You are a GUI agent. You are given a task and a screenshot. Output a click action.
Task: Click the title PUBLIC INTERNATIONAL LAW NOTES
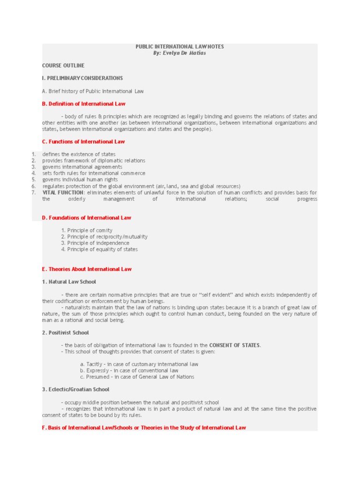(x=180, y=47)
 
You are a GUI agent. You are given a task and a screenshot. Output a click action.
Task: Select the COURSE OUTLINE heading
(x=63, y=65)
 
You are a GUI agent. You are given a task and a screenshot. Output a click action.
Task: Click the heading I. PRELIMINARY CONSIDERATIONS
(x=82, y=78)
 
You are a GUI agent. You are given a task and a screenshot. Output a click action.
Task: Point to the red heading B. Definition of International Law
(x=83, y=103)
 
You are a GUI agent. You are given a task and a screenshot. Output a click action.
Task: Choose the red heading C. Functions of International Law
(x=83, y=142)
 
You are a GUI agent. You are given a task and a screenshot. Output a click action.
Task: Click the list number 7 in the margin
(x=33, y=193)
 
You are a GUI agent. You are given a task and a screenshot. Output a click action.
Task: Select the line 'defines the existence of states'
(x=79, y=154)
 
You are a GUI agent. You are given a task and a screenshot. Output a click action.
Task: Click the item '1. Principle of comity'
(x=87, y=230)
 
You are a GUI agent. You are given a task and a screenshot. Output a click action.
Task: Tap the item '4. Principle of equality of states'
(x=99, y=249)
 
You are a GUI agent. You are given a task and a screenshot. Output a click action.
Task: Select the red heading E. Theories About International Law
(x=87, y=269)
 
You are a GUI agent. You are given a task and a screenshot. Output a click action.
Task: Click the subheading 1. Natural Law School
(x=69, y=282)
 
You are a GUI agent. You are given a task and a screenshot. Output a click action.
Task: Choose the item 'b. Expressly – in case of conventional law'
(x=129, y=370)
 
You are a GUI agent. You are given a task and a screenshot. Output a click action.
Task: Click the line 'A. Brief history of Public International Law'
(x=93, y=91)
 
